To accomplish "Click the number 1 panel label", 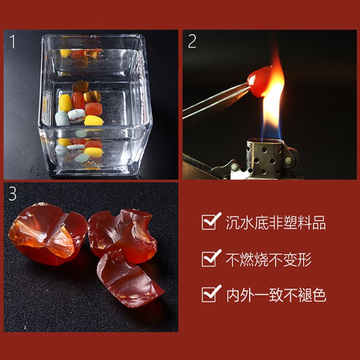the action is pos(13,41).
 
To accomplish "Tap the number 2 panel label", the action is pos(192,41).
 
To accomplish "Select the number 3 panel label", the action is pos(13,193).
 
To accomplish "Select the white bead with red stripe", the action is pos(76,116).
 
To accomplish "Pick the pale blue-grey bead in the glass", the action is pos(62,118).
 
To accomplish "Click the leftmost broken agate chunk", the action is pos(48,234).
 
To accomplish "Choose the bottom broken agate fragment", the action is pos(129,282).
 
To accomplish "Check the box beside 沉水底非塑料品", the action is pos(209,222).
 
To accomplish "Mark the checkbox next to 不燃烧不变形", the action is pos(209,259).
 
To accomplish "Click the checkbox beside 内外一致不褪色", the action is pos(209,294).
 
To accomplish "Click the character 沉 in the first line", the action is pos(233,222).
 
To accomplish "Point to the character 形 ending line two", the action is pos(305,259).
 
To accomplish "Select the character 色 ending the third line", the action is pos(319,295).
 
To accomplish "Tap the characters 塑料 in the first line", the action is pos(297,222).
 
